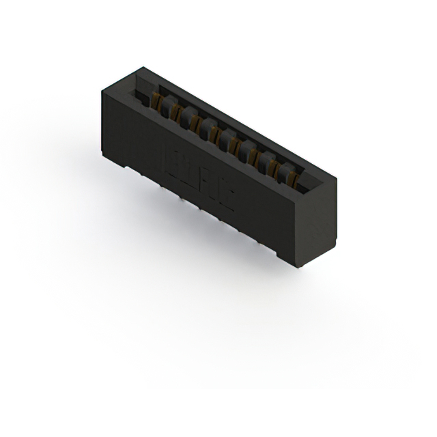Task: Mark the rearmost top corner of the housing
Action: point(143,67)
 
